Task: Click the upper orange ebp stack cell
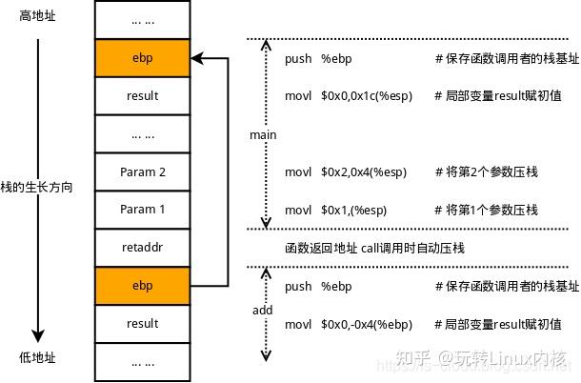142,58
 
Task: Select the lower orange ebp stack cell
142,285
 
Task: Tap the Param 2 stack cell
142,171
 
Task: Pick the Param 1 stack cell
142,209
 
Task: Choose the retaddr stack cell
142,247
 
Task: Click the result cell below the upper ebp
142,96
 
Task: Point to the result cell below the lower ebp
142,323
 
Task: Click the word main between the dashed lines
263,134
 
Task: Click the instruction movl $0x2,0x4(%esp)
346,171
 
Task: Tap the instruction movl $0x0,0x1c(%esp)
350,96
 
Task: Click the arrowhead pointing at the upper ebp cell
195,58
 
